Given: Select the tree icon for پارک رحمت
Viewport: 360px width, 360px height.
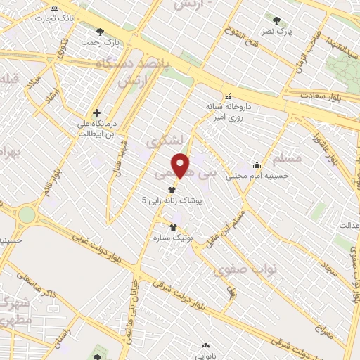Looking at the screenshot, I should [x=99, y=31].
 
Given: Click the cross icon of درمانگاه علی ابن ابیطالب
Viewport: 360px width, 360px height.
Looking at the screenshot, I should [x=96, y=112].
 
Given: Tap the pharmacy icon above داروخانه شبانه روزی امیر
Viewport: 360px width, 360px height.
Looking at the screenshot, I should [x=227, y=96].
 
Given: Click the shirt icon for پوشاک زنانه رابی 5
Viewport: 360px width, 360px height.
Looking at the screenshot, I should [x=172, y=189].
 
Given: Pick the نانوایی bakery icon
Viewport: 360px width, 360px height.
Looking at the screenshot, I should [x=205, y=345].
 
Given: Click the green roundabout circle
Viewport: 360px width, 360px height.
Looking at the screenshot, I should [x=27, y=214].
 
